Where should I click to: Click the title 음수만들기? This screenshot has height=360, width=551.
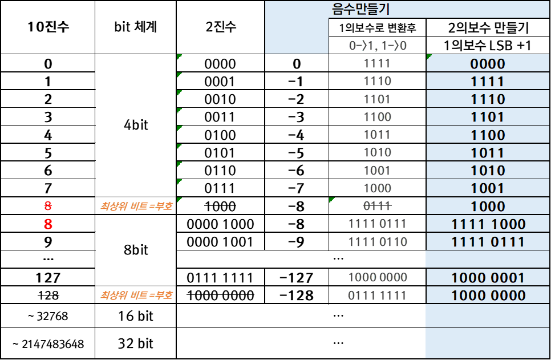click(x=360, y=9)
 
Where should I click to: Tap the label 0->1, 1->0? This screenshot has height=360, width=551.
click(x=378, y=46)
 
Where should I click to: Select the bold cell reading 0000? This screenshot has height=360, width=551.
click(x=488, y=64)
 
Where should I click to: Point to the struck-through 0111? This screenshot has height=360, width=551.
click(x=378, y=206)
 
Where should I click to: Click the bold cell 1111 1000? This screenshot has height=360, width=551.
click(x=488, y=224)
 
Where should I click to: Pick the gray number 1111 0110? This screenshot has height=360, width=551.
click(x=378, y=242)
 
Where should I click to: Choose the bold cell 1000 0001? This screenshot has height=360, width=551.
click(x=488, y=278)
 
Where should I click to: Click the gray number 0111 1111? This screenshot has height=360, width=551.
click(x=378, y=296)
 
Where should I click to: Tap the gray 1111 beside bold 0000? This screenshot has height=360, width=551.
click(x=378, y=63)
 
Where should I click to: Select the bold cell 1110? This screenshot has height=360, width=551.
click(x=488, y=99)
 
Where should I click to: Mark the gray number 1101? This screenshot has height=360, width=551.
click(x=378, y=99)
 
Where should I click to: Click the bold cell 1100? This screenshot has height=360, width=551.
click(x=488, y=135)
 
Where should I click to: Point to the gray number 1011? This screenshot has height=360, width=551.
click(x=378, y=135)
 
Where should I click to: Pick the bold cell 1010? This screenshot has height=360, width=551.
click(x=488, y=171)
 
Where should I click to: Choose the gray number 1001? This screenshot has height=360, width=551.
click(x=378, y=171)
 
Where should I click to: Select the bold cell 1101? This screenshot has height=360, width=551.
click(x=488, y=117)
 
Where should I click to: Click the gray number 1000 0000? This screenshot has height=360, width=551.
click(x=378, y=277)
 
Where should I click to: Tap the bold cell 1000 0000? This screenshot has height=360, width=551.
click(x=488, y=296)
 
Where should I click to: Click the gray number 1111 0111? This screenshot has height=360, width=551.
click(x=378, y=224)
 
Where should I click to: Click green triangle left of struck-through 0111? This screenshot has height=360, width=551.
click(x=331, y=200)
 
